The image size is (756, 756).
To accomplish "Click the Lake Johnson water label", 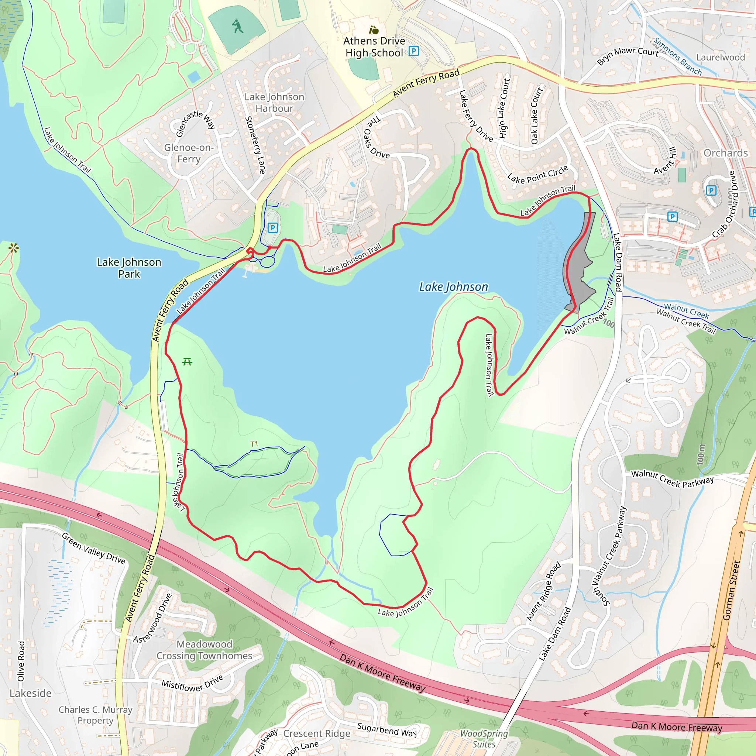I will [453, 287].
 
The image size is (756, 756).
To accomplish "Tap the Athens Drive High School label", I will [374, 47].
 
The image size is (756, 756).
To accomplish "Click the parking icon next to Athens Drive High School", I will [413, 51].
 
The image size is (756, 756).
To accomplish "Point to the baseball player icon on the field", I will [237, 26].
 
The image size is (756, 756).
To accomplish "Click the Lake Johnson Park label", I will [129, 268].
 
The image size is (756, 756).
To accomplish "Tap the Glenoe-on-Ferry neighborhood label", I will [189, 153].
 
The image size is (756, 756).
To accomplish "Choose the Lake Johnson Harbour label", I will [274, 103].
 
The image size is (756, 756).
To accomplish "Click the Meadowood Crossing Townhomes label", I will [204, 650].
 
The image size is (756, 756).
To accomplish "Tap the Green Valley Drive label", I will [93, 548].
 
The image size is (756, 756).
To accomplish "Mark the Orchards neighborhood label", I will [725, 153].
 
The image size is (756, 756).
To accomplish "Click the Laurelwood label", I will [721, 58].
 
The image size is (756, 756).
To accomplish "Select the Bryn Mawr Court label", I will [627, 56].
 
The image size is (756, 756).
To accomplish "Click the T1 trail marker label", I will [254, 444].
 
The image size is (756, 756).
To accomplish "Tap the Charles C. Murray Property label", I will [96, 715].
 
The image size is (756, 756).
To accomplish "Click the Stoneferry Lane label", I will [255, 145].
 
